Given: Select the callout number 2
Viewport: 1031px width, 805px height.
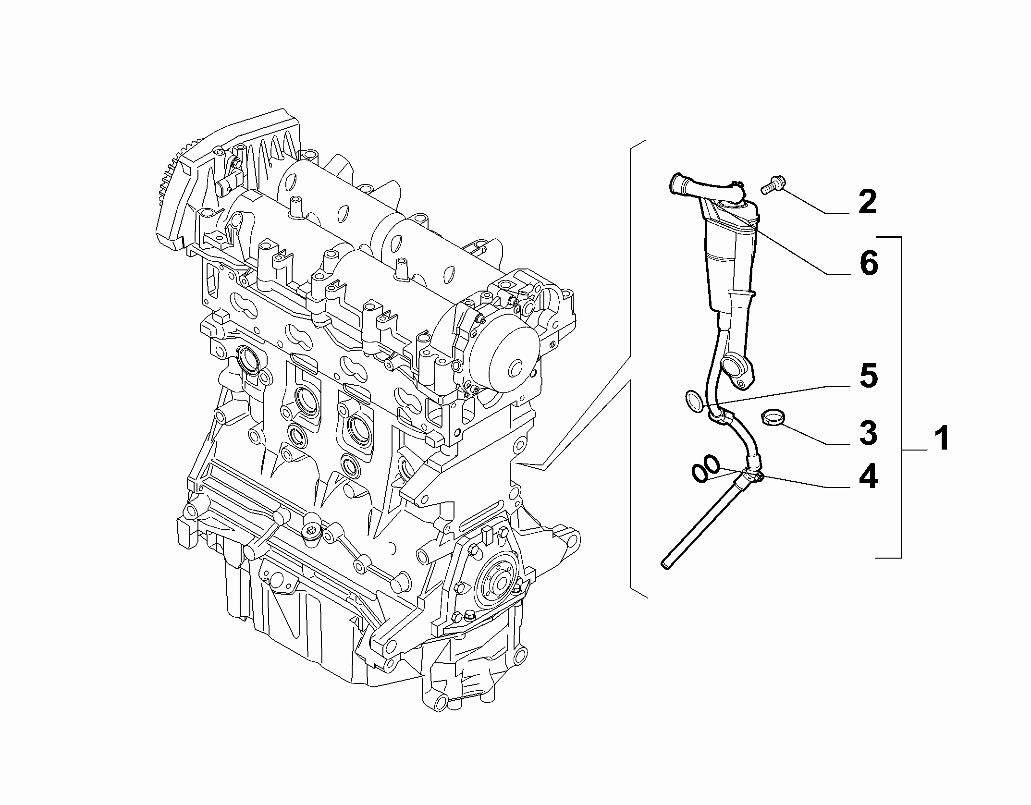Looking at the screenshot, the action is coord(868,202).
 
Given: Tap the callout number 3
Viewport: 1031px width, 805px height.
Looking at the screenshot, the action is coord(868,433).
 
